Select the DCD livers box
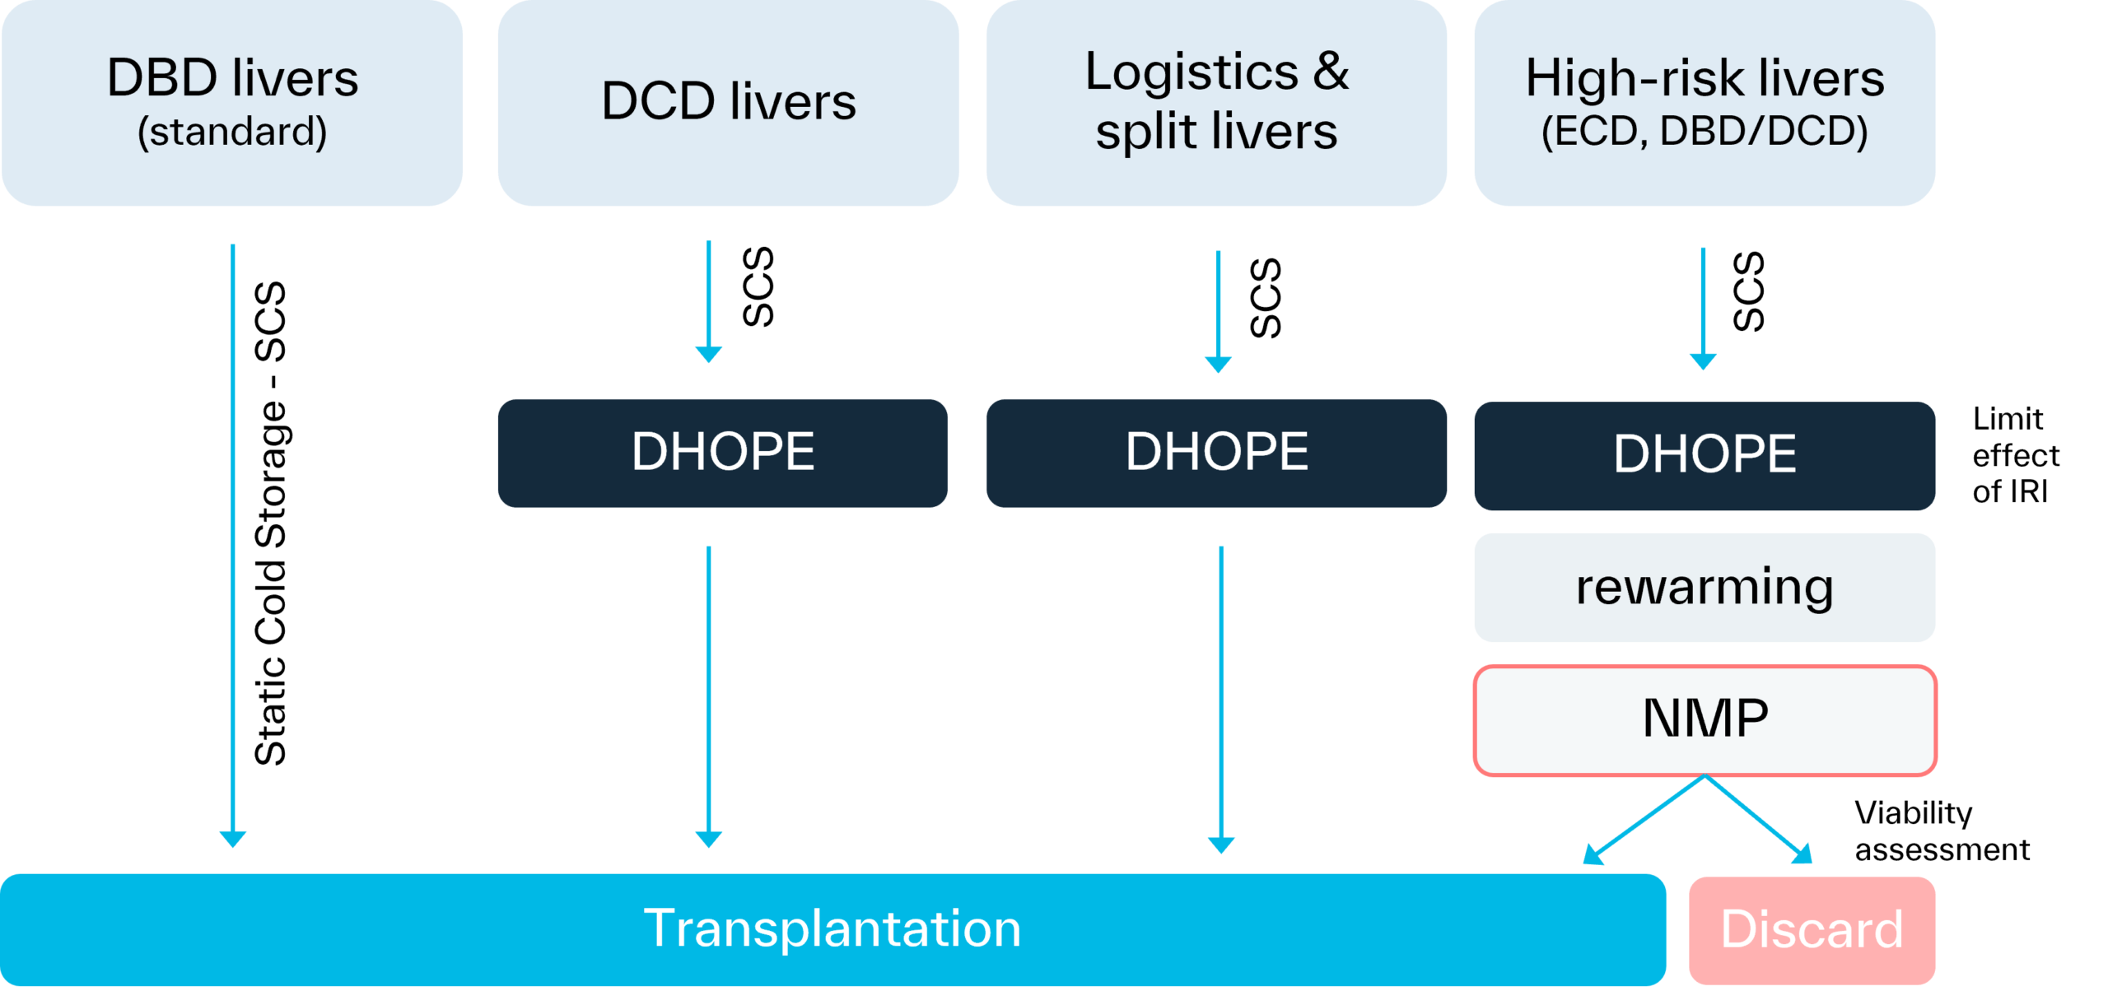point(728,102)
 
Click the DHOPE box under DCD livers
point(722,453)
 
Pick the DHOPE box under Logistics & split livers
point(1216,453)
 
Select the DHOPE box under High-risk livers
point(1704,455)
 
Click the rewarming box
point(1704,587)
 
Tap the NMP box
point(1705,719)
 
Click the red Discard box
point(1812,930)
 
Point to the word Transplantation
point(832,928)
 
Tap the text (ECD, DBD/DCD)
point(1704,132)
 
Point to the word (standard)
point(232,132)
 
